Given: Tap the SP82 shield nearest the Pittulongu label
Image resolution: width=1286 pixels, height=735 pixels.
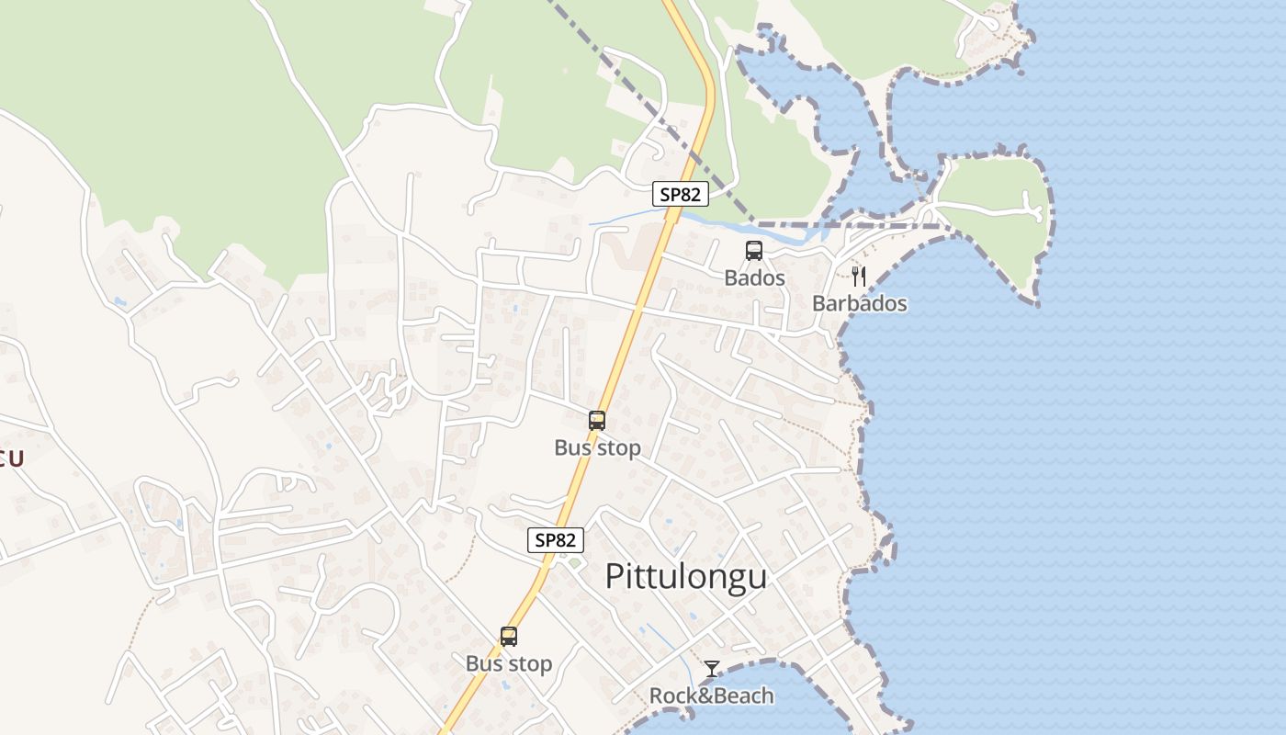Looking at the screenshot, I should pos(556,540).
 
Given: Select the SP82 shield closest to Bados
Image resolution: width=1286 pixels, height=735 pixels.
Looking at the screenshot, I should pos(681,194).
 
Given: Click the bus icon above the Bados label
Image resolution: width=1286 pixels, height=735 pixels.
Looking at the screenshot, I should pos(754,250).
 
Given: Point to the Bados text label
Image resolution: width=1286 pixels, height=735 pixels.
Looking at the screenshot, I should pos(754,277).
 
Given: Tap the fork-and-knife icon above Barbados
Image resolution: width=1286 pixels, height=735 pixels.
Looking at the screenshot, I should pos(859,276).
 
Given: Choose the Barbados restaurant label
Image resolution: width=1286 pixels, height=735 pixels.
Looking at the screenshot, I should pos(860,303).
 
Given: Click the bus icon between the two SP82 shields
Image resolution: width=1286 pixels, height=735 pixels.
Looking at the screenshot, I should pos(597,421).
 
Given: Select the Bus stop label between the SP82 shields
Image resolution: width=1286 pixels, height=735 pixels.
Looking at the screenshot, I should pos(597,447).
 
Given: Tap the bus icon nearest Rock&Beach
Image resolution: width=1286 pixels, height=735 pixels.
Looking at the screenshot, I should pos(509,636).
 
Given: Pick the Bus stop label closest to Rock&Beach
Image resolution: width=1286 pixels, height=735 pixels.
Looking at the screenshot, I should pos(509,663).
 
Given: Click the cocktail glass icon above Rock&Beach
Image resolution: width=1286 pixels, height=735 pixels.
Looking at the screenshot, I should pos(712,669).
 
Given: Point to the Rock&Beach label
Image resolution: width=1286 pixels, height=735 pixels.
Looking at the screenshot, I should pos(712,695).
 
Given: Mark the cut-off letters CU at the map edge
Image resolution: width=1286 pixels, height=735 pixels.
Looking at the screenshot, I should pos(11,458).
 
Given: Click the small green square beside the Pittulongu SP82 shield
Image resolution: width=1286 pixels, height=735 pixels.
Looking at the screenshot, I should pos(575,562).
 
